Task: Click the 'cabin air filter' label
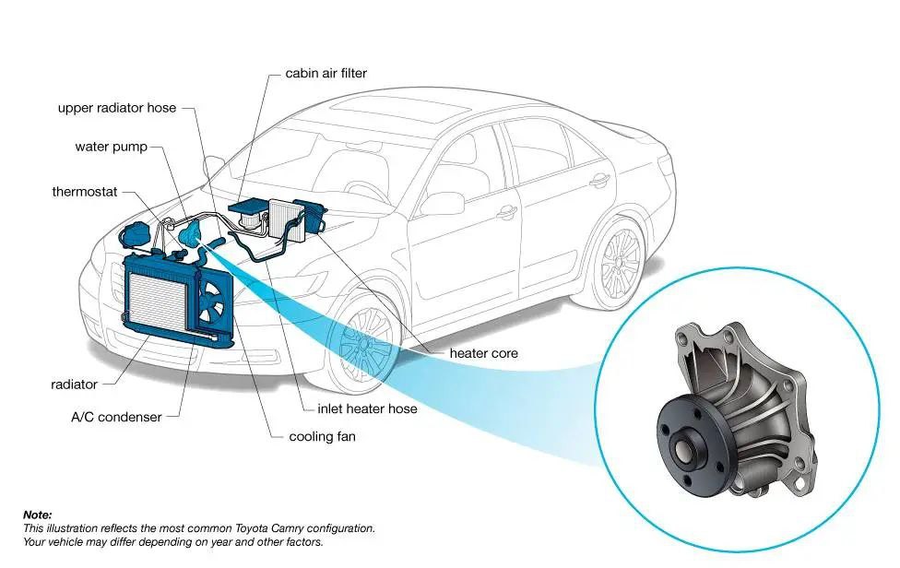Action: (326, 73)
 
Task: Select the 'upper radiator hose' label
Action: (116, 108)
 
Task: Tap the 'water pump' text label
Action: (111, 148)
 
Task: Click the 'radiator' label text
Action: (75, 385)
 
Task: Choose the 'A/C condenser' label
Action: (116, 417)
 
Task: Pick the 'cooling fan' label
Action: (322, 436)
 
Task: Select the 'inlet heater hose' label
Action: (367, 408)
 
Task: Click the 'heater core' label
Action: (483, 353)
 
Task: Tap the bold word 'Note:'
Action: (38, 515)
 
